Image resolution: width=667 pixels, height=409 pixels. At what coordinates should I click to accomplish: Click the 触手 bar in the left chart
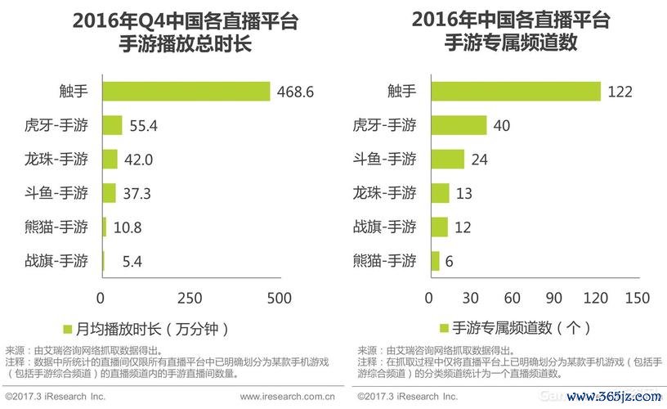click(x=186, y=92)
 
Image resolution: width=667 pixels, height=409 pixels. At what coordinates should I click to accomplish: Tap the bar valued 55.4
click(x=112, y=125)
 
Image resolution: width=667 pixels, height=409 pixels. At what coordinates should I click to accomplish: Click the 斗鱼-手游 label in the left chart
click(x=56, y=194)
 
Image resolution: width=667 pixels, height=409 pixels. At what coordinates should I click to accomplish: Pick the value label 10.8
click(x=128, y=228)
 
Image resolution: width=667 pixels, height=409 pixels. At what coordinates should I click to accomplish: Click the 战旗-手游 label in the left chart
click(x=56, y=262)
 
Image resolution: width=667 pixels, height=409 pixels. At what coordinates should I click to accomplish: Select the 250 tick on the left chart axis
click(x=190, y=298)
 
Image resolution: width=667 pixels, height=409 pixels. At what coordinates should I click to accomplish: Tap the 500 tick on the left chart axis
click(x=280, y=298)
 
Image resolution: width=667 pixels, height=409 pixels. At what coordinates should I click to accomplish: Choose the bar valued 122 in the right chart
click(x=515, y=92)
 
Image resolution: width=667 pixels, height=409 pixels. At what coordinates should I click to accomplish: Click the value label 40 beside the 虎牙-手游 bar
click(x=503, y=125)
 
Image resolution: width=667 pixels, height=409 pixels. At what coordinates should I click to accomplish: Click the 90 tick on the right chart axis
click(x=553, y=298)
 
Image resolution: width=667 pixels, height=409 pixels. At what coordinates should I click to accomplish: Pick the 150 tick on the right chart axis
click(x=636, y=298)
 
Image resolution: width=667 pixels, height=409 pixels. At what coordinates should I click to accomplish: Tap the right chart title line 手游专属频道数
click(x=510, y=43)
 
